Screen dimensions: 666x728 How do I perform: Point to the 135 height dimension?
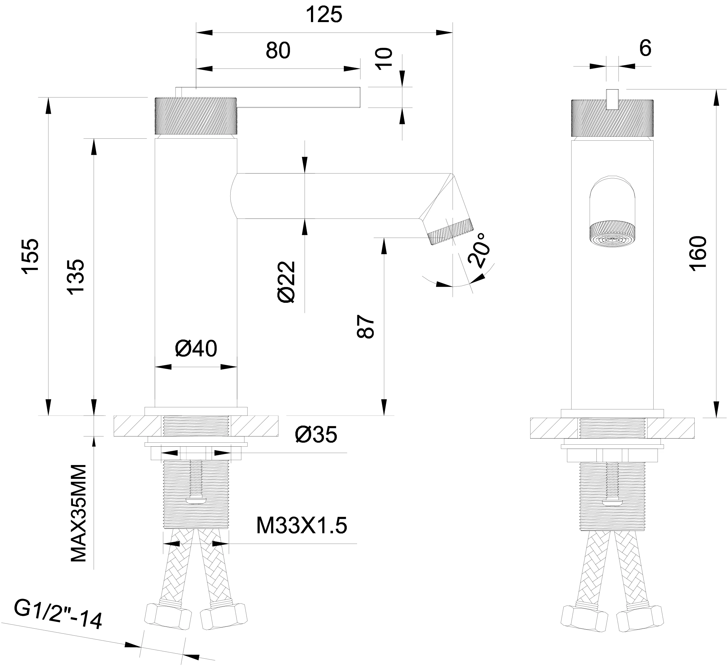(x=77, y=277)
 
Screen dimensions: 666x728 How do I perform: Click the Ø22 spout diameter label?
(x=287, y=282)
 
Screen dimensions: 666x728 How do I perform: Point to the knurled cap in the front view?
(x=612, y=118)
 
